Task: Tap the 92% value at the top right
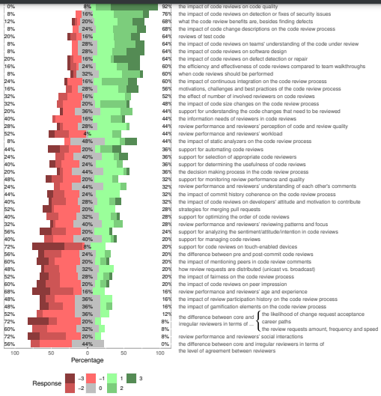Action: point(167,5)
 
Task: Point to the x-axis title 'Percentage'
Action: point(88,359)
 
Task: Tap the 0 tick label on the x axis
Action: point(88,351)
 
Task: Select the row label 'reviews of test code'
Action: point(202,36)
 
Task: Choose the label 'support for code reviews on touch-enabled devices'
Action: point(232,245)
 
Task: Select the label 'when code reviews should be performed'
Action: point(218,73)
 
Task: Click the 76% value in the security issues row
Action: point(167,13)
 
